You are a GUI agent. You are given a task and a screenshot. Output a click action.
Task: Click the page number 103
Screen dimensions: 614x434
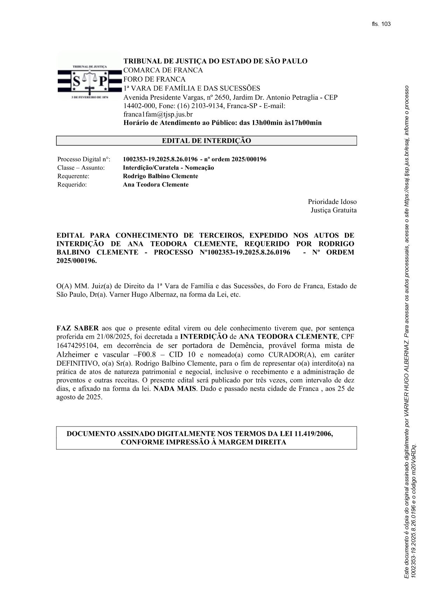point(386,24)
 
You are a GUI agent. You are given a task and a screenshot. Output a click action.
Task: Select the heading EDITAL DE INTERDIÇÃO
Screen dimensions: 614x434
point(206,141)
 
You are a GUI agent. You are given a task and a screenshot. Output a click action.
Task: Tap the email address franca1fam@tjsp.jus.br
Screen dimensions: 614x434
point(158,114)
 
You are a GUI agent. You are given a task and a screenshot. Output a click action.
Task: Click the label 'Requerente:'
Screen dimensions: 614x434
point(73,176)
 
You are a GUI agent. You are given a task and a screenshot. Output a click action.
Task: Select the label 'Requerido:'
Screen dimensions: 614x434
point(72,185)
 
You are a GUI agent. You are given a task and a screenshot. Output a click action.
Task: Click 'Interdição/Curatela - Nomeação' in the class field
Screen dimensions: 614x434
point(168,168)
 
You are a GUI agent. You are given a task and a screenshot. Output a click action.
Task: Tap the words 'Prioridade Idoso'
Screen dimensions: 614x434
point(332,202)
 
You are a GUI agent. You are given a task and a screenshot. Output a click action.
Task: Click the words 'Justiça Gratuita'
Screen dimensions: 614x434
point(334,210)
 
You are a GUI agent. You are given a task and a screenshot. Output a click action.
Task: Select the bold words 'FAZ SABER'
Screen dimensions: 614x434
point(77,329)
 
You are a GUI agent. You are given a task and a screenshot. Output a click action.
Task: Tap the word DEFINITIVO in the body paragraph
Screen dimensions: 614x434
point(77,363)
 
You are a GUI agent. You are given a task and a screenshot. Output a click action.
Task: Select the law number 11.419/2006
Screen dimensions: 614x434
point(313,434)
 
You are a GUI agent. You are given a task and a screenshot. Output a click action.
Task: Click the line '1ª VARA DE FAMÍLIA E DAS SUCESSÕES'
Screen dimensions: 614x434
point(192,88)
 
